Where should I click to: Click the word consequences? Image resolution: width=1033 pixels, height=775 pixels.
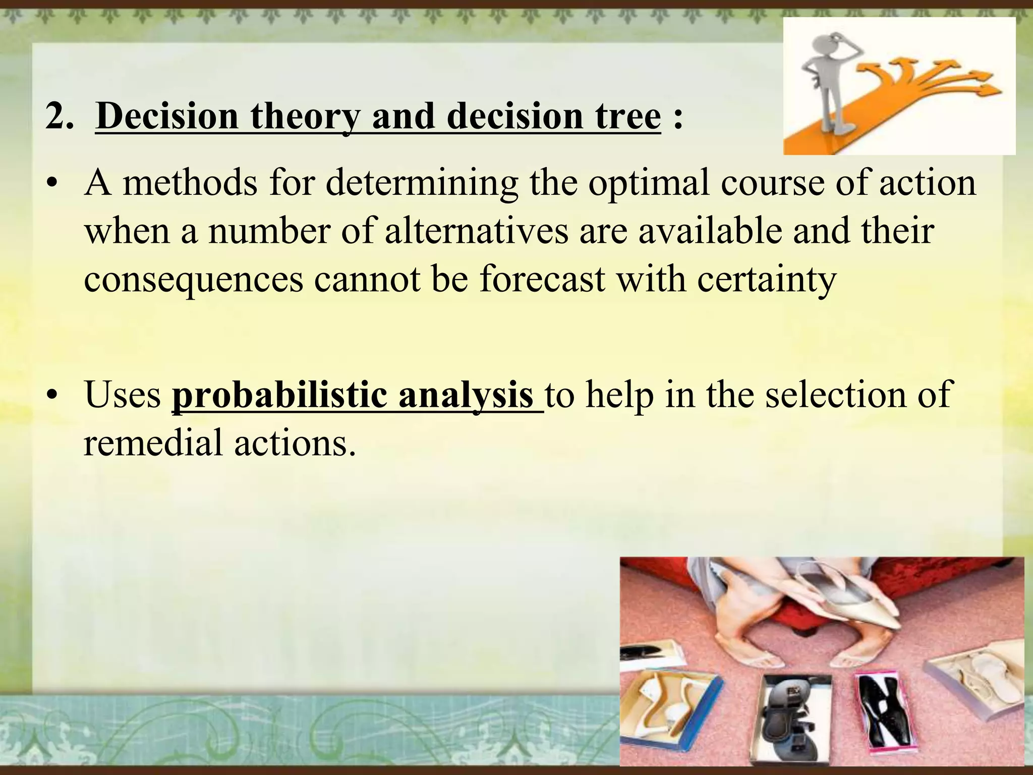coord(193,279)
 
